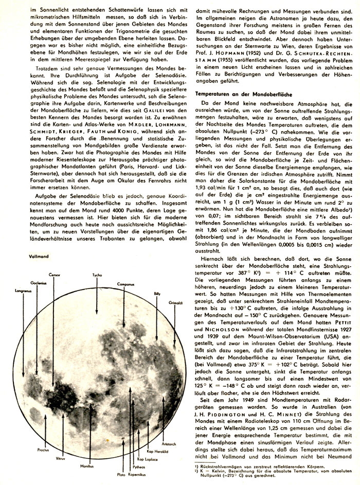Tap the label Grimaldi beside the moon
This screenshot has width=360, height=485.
point(176,304)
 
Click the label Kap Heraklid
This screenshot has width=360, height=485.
point(157,436)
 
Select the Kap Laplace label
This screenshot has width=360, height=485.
point(147,444)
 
